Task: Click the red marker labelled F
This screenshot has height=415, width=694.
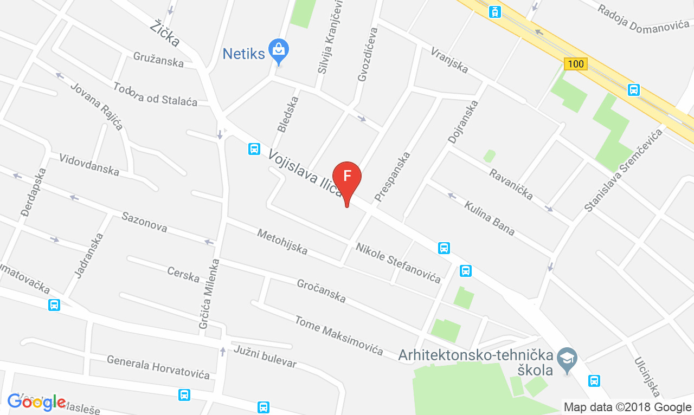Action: [347, 178]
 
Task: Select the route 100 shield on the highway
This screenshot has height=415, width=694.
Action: [575, 64]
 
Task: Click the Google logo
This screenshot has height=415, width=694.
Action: [36, 402]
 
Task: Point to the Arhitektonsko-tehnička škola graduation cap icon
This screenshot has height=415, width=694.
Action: [568, 358]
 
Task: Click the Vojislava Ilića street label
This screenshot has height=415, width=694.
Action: [305, 173]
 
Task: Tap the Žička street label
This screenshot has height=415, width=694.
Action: [165, 33]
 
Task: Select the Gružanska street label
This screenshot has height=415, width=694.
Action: [158, 59]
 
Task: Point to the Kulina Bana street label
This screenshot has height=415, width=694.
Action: [489, 218]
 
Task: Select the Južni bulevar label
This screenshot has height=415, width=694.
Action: [265, 356]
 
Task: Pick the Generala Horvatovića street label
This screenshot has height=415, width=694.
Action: [158, 367]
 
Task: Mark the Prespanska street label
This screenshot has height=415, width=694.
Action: [392, 177]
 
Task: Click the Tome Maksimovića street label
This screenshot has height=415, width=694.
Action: [339, 335]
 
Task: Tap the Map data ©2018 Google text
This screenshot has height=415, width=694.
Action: [627, 407]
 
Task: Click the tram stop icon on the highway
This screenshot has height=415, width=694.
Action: [494, 11]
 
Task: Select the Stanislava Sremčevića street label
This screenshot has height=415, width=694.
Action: [624, 170]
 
